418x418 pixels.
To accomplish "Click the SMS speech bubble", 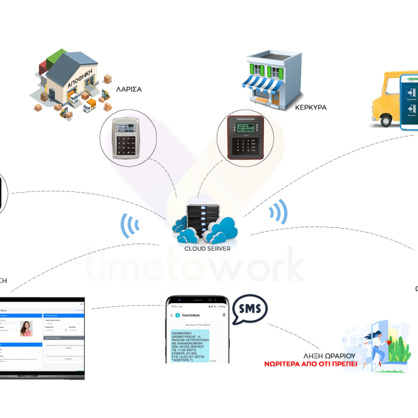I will point(251,308).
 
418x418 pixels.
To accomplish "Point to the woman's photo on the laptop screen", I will point(26,329).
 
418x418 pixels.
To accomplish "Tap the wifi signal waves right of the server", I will point(280,212).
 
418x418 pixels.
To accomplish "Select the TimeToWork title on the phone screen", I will point(193,315).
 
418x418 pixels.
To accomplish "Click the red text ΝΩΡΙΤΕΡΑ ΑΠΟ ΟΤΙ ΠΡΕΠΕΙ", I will point(311,363).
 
